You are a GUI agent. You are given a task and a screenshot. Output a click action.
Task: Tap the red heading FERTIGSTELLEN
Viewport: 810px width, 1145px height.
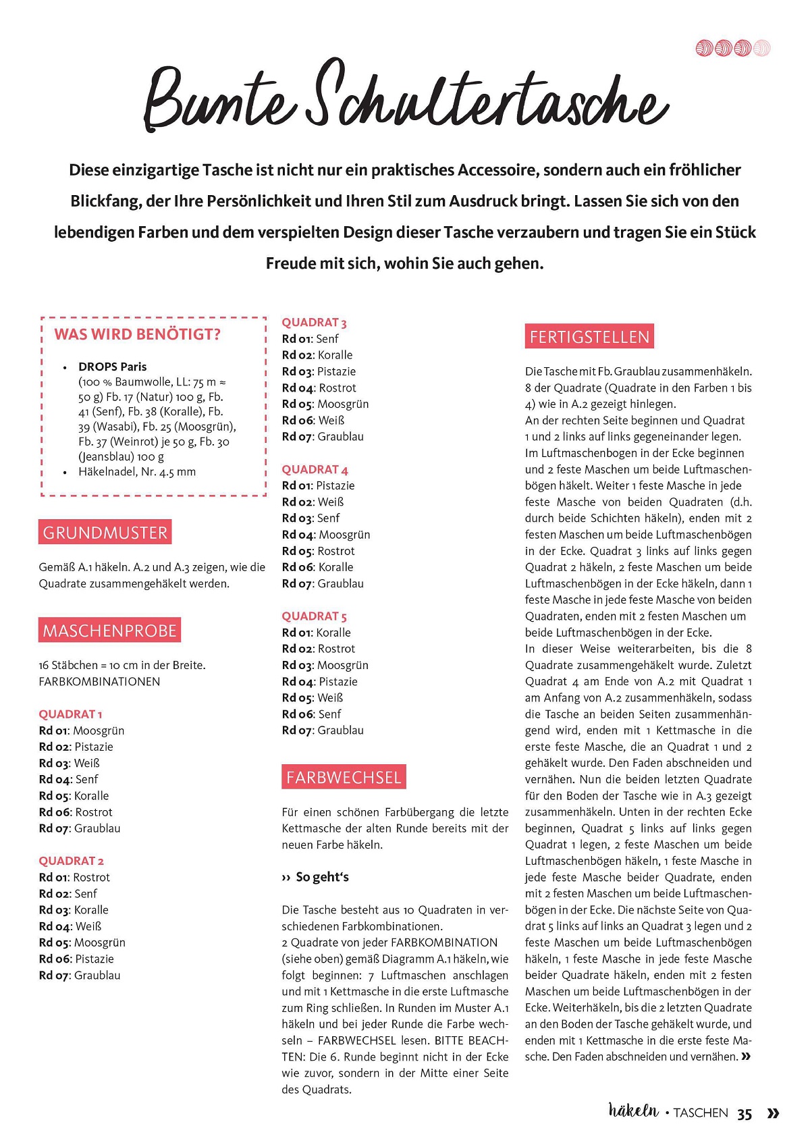pyautogui.click(x=589, y=337)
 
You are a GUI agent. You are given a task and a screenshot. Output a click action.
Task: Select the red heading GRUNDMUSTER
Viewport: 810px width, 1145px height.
pyautogui.click(x=105, y=533)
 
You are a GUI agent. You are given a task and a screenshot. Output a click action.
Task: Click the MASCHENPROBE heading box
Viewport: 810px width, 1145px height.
pyautogui.click(x=109, y=631)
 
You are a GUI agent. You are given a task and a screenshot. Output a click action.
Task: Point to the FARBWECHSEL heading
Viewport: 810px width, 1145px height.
pyautogui.click(x=344, y=778)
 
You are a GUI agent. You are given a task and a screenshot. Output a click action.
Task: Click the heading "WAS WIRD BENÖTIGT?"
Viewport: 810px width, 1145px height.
pyautogui.click(x=138, y=335)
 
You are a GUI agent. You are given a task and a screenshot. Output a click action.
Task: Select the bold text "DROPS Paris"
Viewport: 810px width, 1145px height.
pyautogui.click(x=112, y=367)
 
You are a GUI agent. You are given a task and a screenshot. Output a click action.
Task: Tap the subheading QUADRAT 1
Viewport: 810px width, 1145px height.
pyautogui.click(x=70, y=714)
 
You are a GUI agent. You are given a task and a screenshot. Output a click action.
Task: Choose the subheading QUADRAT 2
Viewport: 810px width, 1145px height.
pyautogui.click(x=71, y=861)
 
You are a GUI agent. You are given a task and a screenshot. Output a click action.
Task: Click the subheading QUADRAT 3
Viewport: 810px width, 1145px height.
pyautogui.click(x=314, y=323)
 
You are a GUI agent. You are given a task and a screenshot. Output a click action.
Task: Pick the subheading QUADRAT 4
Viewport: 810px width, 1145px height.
pyautogui.click(x=315, y=470)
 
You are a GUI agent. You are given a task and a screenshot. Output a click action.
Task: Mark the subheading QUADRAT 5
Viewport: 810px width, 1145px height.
pyautogui.click(x=314, y=616)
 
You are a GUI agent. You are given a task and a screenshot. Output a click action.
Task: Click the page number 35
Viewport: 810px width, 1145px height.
pyautogui.click(x=745, y=1114)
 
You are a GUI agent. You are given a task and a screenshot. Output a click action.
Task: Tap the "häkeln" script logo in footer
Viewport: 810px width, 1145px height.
pyautogui.click(x=633, y=1111)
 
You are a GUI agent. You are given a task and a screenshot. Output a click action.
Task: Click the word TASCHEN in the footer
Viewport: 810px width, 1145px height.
pyautogui.click(x=701, y=1113)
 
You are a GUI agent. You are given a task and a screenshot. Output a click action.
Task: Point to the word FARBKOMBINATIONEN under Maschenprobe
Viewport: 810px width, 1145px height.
pyautogui.click(x=99, y=682)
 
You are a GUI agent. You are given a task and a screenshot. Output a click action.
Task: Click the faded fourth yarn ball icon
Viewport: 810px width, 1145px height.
pyautogui.click(x=762, y=48)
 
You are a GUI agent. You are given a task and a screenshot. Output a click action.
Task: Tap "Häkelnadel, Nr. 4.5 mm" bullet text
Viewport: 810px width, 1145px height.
pyautogui.click(x=137, y=472)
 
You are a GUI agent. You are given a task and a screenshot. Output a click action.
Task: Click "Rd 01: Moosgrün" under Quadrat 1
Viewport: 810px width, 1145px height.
pyautogui.click(x=82, y=730)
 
